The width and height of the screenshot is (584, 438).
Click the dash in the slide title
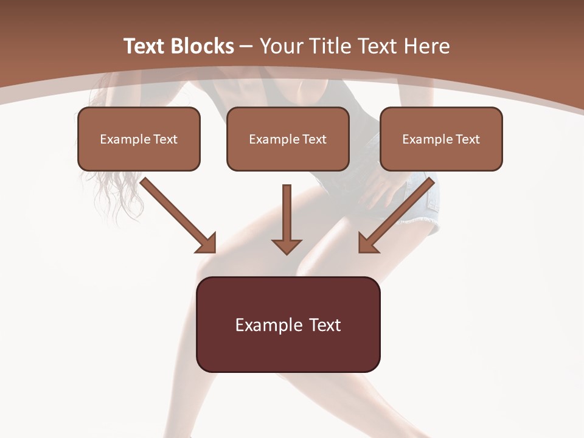click(x=246, y=47)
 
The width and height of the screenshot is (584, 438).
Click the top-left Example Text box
click(x=139, y=139)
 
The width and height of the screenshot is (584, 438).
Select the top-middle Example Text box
click(x=288, y=139)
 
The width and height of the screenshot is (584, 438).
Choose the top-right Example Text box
click(x=441, y=139)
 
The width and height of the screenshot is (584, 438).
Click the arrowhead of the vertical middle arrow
click(x=287, y=246)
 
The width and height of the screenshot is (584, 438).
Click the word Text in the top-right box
click(x=467, y=139)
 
